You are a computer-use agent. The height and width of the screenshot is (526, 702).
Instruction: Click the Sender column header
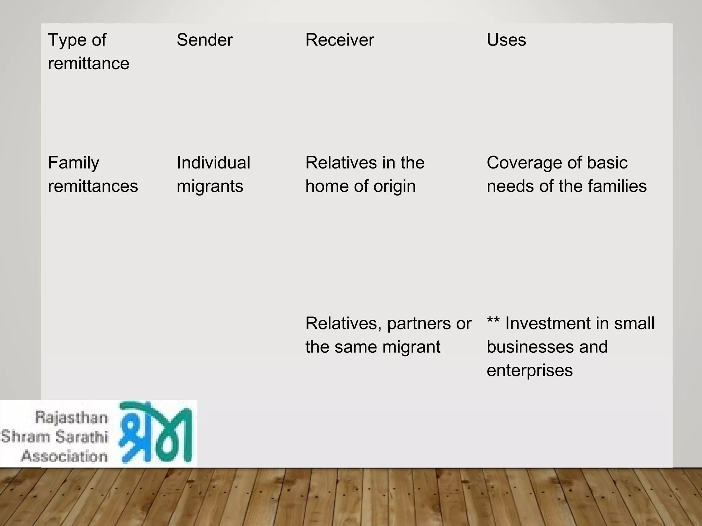click(205, 40)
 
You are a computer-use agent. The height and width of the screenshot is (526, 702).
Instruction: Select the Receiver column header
click(339, 40)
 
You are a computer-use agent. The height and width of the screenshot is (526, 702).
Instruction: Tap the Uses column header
click(506, 40)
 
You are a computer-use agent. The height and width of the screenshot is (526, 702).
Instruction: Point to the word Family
click(73, 163)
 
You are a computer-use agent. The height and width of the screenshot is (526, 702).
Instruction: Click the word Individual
click(213, 163)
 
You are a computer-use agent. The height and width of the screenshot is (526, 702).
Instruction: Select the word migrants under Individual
click(210, 187)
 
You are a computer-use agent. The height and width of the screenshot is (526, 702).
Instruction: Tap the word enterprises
click(530, 371)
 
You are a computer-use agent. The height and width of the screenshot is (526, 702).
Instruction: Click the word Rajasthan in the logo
click(71, 418)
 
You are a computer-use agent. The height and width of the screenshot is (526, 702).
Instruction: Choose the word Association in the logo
click(64, 456)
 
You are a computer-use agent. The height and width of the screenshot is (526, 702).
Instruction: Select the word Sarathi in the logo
click(82, 437)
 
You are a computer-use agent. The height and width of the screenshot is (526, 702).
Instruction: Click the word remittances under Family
click(93, 187)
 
